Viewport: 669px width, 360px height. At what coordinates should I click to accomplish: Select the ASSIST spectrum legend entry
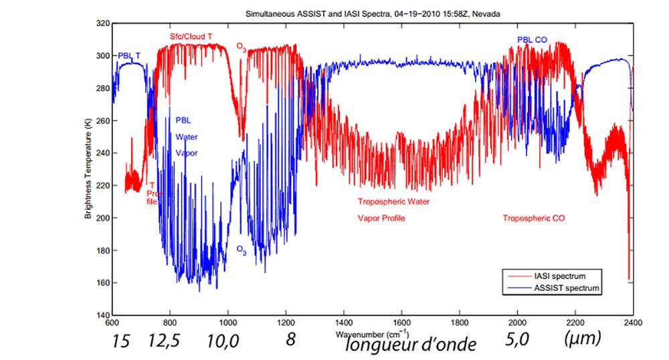click(565, 288)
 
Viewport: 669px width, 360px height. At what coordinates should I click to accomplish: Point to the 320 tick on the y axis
click(102, 23)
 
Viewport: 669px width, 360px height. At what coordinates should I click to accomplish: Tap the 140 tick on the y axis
click(102, 315)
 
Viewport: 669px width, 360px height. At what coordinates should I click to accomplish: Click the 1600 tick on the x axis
click(401, 322)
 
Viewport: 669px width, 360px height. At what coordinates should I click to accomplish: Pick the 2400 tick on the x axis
click(632, 322)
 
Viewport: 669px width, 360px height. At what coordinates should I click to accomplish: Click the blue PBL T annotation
click(129, 56)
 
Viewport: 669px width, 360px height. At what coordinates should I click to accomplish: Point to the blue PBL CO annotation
click(532, 40)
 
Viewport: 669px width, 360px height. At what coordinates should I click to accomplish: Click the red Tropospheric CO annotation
click(534, 218)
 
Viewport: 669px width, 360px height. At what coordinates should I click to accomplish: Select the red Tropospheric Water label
click(393, 201)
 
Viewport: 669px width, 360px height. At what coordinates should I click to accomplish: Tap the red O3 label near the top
click(242, 47)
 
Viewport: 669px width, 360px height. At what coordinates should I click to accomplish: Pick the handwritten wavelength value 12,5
click(165, 341)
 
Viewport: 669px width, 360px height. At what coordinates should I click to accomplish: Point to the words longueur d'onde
click(411, 345)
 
